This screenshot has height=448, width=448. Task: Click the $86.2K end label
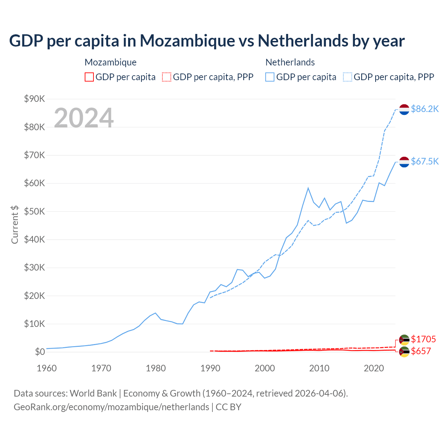[x=425, y=109]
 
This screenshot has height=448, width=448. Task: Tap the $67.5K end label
[x=425, y=161]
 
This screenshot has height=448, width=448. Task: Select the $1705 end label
[x=423, y=339]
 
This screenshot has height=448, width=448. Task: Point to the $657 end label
[x=421, y=351]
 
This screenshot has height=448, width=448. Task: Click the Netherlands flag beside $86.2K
[x=404, y=110]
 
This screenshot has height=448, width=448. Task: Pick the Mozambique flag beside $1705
[x=404, y=339]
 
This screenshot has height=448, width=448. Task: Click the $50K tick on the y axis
[x=35, y=211]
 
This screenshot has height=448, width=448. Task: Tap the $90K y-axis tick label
[x=35, y=99]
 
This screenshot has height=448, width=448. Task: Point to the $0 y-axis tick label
[x=40, y=352]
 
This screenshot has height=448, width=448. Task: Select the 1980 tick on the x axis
[x=156, y=368]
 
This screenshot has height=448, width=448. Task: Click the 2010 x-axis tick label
[x=319, y=368]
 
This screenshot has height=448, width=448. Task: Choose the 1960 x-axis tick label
[x=47, y=368]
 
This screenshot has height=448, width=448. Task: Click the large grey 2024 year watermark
[x=84, y=118]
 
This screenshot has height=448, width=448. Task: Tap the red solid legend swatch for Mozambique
[x=89, y=77]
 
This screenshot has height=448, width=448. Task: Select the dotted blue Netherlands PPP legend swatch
[x=348, y=77]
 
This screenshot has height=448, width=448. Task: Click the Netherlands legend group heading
[x=290, y=62]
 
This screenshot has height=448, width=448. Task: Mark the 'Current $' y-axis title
[x=15, y=224]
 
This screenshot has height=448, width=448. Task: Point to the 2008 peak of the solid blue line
[x=308, y=188]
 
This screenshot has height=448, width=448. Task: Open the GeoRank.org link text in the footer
[x=111, y=407]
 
